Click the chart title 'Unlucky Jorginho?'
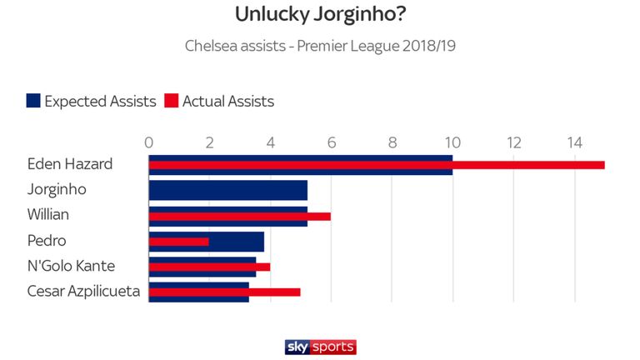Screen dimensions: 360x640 pos(320,15)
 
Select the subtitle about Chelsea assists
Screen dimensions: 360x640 pos(320,45)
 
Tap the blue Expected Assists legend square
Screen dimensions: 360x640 pos(33,101)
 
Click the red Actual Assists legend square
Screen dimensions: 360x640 pos(172,101)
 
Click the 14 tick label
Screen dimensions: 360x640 pos(574,142)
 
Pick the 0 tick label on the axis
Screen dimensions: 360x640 pos(149,142)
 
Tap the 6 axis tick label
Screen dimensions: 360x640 pos(331,142)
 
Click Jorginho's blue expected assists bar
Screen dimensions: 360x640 pos(227,190)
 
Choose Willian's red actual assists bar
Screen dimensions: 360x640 pos(240,216)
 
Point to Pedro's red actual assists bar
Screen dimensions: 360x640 pos(179,242)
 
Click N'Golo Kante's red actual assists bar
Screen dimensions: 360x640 pos(209,267)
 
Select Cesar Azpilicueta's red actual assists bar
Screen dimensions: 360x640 pos(224,292)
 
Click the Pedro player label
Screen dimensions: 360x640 pos(46,241)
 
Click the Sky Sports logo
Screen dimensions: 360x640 pos(320,347)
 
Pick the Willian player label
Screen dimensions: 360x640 pos(48,215)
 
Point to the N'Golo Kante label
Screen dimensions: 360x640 pos(71,267)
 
